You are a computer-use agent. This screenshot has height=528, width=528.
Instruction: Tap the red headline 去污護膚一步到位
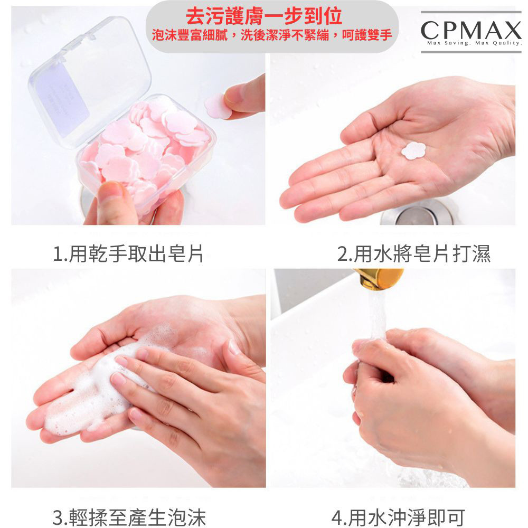[x=264, y=16]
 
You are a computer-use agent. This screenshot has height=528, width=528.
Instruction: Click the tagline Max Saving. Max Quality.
[x=474, y=43]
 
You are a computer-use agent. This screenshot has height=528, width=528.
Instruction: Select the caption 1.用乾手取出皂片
[x=128, y=253]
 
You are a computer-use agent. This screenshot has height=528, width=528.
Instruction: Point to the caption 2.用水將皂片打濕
[x=414, y=253]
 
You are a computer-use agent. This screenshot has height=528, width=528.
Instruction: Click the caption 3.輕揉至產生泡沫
[x=129, y=517]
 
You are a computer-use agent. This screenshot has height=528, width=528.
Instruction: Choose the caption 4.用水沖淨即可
[x=398, y=517]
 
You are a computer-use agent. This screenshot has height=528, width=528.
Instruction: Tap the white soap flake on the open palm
[x=413, y=150]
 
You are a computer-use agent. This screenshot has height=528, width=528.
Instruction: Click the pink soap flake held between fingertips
[x=218, y=106]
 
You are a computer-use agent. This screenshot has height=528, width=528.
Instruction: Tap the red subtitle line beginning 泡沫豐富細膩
[x=272, y=35]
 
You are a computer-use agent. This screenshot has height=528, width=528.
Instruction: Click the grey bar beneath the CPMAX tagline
[x=471, y=52]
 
